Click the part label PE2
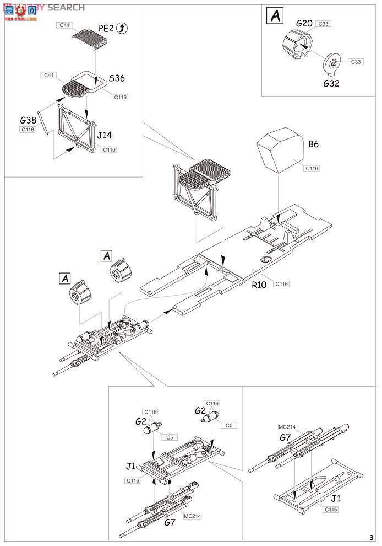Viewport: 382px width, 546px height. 106,29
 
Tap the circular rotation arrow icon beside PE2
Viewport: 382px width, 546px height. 123,29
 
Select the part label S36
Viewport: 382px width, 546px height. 117,78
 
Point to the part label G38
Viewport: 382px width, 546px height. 28,120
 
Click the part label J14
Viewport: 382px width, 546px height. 104,134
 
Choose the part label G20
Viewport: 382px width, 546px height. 304,24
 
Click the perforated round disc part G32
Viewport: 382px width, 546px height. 332,65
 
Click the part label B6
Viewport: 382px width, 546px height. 313,144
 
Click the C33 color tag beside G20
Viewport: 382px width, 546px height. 324,24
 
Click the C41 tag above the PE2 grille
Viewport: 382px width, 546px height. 64,26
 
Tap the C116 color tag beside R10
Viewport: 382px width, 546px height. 281,284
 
